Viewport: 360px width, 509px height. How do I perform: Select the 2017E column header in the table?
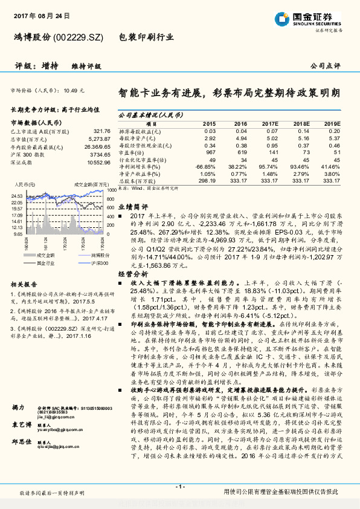270,123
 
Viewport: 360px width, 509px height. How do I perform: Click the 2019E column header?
331,123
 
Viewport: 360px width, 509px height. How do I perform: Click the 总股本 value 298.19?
207,180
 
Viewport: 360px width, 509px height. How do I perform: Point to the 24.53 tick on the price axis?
17,196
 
